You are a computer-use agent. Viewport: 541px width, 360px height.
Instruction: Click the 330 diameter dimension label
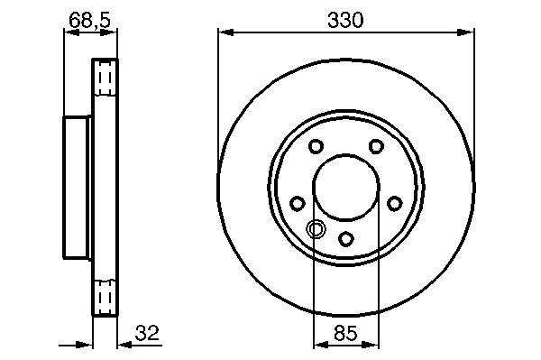pyautogui.click(x=345, y=20)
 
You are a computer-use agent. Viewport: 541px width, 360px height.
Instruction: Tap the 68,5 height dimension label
pyautogui.click(x=89, y=20)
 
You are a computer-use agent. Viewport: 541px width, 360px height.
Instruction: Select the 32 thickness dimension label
pyautogui.click(x=147, y=333)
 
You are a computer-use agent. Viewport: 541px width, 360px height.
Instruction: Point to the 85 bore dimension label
pyautogui.click(x=346, y=333)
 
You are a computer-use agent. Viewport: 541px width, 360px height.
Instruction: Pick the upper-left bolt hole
pyautogui.click(x=316, y=146)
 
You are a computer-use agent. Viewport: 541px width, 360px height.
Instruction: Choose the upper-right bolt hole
pyautogui.click(x=376, y=146)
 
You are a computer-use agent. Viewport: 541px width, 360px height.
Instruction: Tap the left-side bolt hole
pyautogui.click(x=297, y=203)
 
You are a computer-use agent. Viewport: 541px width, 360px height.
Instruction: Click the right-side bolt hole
pyautogui.click(x=395, y=203)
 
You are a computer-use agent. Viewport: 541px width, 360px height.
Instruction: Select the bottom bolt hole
pyautogui.click(x=345, y=239)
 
